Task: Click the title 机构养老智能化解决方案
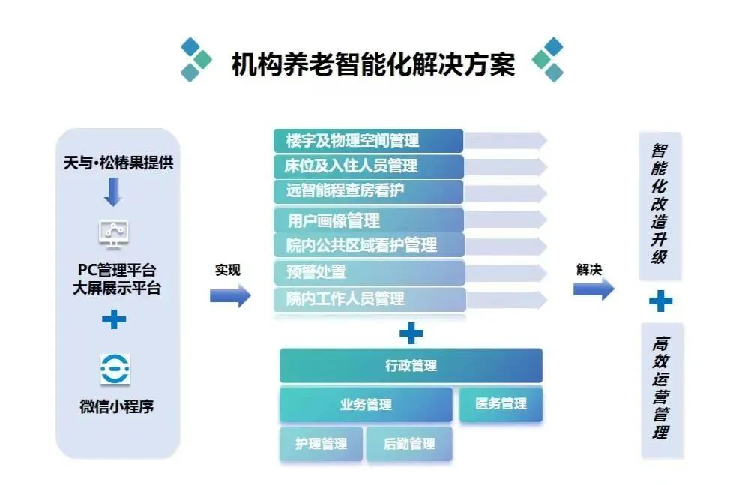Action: (x=373, y=64)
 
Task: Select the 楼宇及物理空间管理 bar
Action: (x=368, y=141)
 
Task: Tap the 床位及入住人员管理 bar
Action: (x=368, y=166)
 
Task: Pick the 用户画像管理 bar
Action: (x=368, y=220)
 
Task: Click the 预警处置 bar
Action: (x=370, y=271)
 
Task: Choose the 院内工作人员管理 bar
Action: (x=370, y=299)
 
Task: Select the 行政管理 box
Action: (x=411, y=365)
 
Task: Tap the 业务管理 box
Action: (x=366, y=404)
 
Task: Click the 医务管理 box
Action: (x=501, y=404)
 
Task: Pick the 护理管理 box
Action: (x=322, y=444)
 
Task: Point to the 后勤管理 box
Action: (x=409, y=444)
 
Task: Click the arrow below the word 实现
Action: (x=230, y=295)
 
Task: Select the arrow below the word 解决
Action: (x=594, y=289)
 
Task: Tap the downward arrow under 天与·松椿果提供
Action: (x=113, y=191)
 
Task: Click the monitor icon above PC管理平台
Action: (x=114, y=234)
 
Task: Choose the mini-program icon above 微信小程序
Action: (x=115, y=369)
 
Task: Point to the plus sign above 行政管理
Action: (x=411, y=333)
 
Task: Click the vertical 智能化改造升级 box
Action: (x=660, y=205)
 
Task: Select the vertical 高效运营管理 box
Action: (x=662, y=390)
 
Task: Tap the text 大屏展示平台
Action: (x=116, y=288)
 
